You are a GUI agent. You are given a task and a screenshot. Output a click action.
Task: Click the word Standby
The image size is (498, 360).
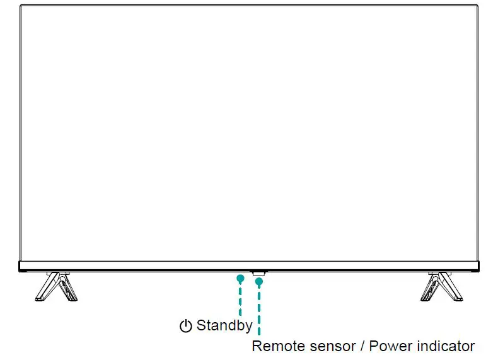(224, 325)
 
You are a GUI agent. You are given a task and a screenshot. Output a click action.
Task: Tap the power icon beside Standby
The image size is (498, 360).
(185, 326)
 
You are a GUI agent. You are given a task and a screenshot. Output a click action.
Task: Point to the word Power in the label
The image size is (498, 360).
(388, 346)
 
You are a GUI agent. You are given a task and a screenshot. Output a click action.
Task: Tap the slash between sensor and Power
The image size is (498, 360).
(362, 346)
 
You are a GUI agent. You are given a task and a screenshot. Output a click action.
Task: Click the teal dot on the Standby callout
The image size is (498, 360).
(240, 277)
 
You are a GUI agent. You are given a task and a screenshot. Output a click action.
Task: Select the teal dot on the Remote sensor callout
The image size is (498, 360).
(258, 281)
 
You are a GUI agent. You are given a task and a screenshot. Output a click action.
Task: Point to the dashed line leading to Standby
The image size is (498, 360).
(240, 299)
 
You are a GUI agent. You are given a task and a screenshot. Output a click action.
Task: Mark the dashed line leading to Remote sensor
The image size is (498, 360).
(258, 309)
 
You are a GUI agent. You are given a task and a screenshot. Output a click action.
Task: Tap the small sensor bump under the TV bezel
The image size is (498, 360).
(258, 274)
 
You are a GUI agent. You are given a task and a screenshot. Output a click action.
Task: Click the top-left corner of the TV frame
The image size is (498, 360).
(20, 6)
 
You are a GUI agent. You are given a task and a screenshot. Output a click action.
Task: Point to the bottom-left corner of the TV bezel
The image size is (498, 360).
(20, 271)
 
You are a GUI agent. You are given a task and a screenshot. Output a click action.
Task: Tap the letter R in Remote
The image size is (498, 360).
(257, 346)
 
